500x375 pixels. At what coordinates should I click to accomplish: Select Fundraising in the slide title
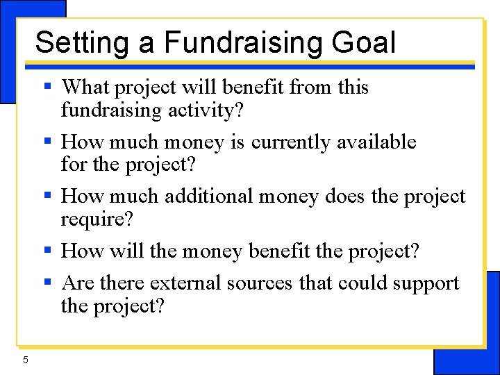(243, 42)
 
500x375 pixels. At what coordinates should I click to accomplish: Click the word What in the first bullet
(86, 87)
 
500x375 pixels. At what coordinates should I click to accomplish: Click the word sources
(256, 283)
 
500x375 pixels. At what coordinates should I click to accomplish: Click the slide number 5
(25, 359)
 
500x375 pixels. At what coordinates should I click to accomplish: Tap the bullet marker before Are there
(48, 283)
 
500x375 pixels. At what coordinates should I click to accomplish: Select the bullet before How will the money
(48, 250)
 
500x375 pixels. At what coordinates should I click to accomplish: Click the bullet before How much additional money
(48, 196)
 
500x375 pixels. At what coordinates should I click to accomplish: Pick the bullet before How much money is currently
(48, 142)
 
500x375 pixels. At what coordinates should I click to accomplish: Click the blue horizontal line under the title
(250, 65)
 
